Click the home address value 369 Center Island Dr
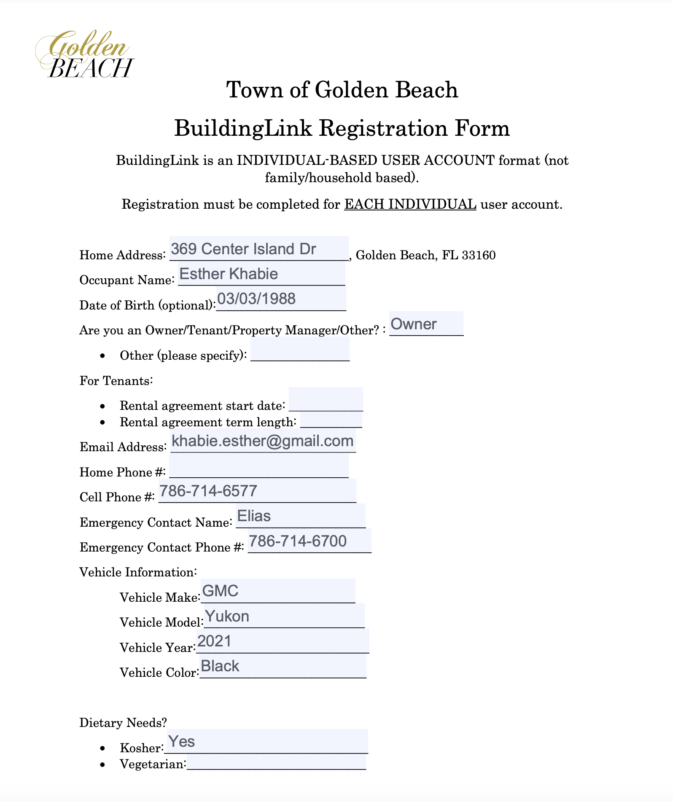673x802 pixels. pos(243,249)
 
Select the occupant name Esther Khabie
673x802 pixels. pos(229,274)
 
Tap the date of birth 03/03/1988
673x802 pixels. pos(256,299)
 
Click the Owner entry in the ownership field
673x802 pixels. pos(413,324)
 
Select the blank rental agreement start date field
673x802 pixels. pos(326,400)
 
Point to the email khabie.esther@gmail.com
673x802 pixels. pos(263,441)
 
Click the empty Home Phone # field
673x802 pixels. pos(258,466)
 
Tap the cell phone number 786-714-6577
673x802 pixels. pos(208,491)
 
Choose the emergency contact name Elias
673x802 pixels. pos(254,516)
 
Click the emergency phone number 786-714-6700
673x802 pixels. pos(298,541)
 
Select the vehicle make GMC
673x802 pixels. pos(220,591)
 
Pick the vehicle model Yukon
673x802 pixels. pos(227,616)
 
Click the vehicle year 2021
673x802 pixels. pos(215,641)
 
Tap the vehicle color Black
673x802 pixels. pos(220,666)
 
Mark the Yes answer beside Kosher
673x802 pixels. pos(182,742)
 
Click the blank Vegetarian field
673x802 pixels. pos(276,763)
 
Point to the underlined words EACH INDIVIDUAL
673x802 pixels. pos(410,204)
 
